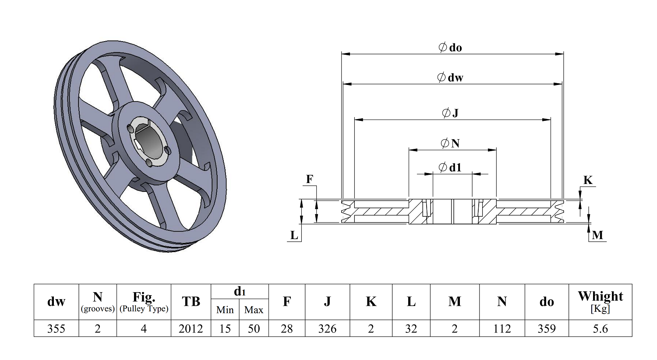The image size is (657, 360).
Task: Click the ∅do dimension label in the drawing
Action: (x=450, y=47)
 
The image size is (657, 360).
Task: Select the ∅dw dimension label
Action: (x=450, y=78)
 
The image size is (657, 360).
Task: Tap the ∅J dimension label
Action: (x=450, y=113)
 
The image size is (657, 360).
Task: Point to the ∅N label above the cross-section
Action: (x=450, y=143)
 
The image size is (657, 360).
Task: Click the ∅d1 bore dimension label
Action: (x=450, y=167)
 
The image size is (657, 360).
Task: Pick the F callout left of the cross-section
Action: (x=310, y=179)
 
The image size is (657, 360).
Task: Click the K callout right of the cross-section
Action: (x=588, y=180)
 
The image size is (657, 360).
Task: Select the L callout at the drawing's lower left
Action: (x=294, y=236)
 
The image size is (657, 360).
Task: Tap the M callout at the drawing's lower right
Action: (x=597, y=236)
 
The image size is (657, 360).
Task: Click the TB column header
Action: (x=191, y=302)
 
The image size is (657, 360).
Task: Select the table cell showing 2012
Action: (x=191, y=329)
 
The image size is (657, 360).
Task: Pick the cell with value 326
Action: (x=327, y=329)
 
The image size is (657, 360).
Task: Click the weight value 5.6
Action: (x=600, y=329)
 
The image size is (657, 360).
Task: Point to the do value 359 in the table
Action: (x=547, y=329)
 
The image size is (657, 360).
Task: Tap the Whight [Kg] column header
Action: (x=600, y=301)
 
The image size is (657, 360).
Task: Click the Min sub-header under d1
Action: (x=225, y=310)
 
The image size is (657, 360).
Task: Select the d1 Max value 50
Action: (x=254, y=329)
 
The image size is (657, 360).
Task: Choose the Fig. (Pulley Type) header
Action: (x=144, y=302)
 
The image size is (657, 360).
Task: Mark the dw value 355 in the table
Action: (x=56, y=329)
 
